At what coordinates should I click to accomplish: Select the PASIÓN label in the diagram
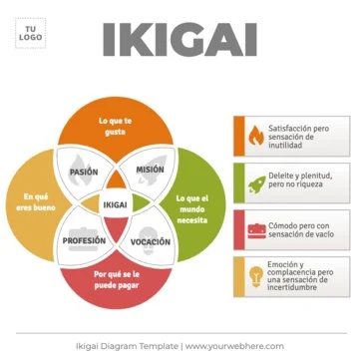(x=84, y=172)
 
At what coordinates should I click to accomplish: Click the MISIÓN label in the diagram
(x=150, y=171)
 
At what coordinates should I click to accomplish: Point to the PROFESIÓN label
(x=84, y=241)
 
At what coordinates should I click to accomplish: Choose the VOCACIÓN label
(x=150, y=242)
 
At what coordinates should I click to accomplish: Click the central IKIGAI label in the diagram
(x=117, y=205)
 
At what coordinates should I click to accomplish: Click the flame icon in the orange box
(x=253, y=135)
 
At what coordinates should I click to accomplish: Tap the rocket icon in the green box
(x=253, y=180)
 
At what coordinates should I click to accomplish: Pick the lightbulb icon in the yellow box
(x=253, y=273)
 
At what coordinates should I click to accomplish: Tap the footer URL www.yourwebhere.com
(x=234, y=346)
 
